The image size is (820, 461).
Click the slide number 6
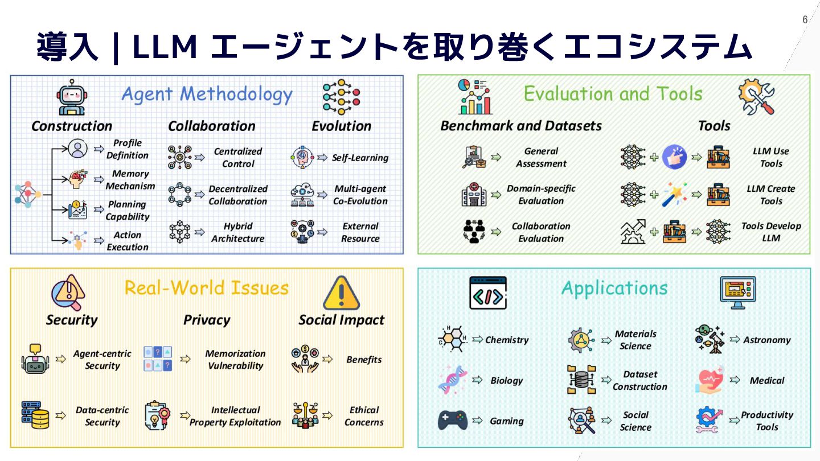(805, 20)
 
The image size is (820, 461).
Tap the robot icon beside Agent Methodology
(72, 97)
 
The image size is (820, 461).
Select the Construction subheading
(72, 126)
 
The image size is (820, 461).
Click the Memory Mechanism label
(130, 180)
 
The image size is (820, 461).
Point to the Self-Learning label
(360, 158)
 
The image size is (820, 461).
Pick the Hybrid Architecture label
(237, 232)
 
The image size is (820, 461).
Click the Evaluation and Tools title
(613, 93)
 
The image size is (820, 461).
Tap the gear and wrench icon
(756, 96)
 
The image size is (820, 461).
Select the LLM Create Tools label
(771, 195)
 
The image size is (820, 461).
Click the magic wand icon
(675, 195)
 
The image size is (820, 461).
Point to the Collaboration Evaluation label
(541, 232)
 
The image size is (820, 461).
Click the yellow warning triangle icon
(341, 293)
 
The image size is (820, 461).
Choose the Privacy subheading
(207, 320)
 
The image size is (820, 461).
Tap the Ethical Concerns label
(364, 416)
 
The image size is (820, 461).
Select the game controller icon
(452, 421)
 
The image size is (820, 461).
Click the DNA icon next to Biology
(452, 380)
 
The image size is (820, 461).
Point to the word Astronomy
(766, 340)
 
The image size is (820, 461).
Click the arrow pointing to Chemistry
(477, 340)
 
